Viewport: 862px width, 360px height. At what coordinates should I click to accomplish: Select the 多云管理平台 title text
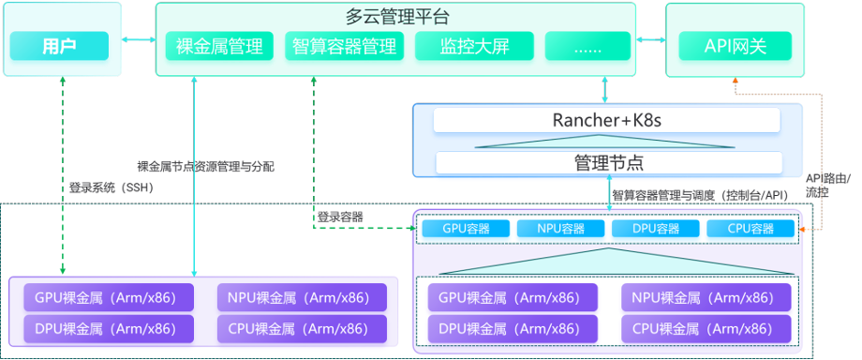397,16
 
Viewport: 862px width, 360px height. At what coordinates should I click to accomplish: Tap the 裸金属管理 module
219,46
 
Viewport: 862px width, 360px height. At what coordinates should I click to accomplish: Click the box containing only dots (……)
587,46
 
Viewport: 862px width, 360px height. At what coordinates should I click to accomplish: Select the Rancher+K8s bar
606,121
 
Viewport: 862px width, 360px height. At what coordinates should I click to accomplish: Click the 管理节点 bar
608,162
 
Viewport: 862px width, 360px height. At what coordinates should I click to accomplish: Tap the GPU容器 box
466,229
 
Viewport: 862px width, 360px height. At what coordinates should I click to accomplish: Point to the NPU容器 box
560,229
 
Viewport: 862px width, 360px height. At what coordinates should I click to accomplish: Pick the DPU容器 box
655,229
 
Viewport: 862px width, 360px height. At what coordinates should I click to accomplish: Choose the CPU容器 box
750,229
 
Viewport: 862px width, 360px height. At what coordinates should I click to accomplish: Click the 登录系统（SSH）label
111,187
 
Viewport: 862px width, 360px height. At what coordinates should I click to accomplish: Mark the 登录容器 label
339,217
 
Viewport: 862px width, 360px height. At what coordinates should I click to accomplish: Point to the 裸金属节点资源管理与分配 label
205,167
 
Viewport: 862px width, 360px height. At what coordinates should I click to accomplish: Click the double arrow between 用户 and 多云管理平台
138,40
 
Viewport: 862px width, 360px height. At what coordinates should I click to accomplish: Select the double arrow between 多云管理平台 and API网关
649,40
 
